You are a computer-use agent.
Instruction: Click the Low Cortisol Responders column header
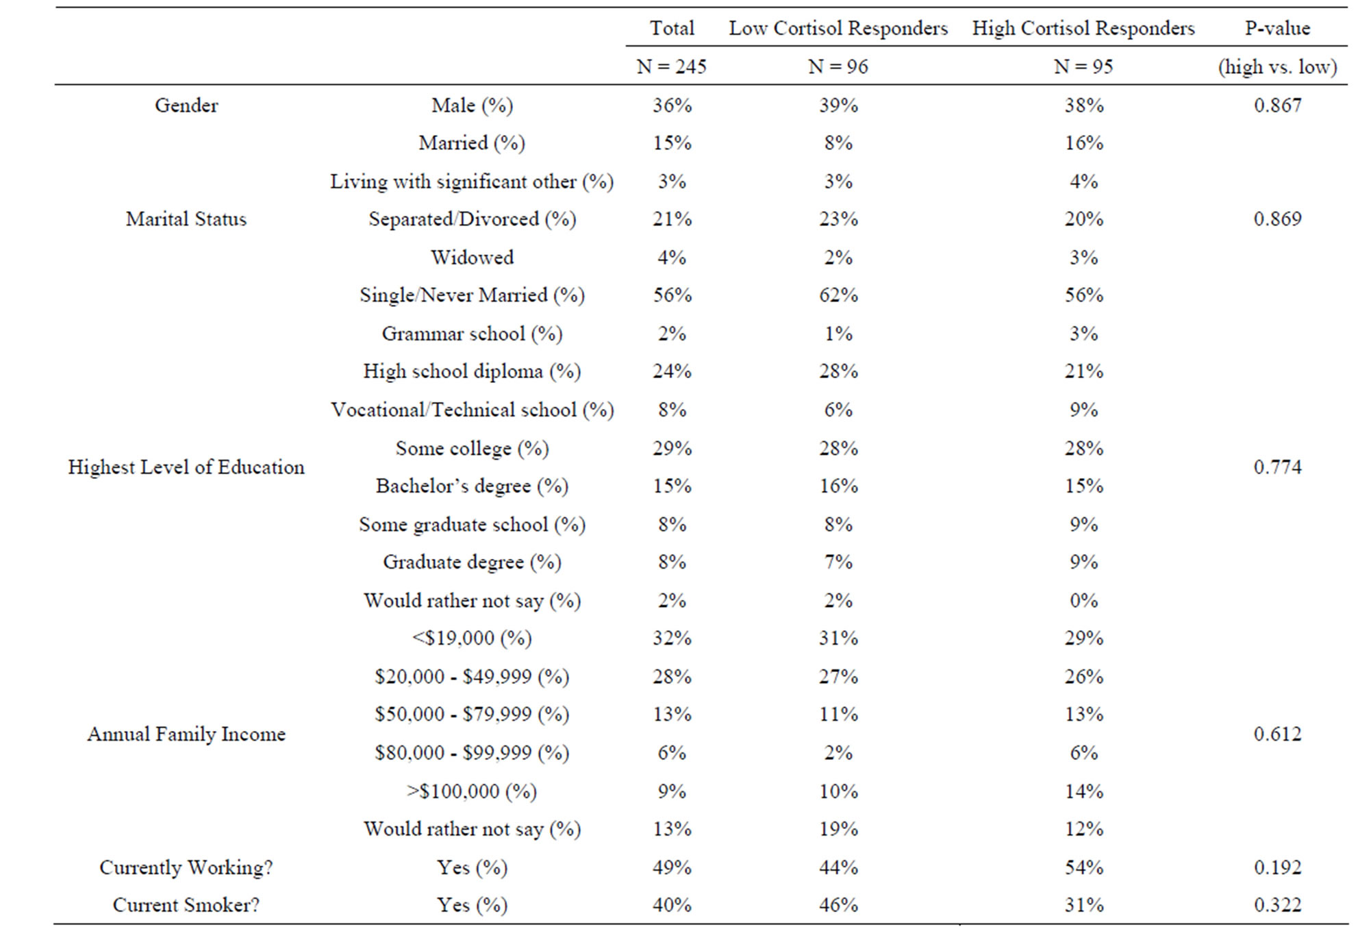(x=838, y=28)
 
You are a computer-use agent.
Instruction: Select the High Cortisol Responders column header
(x=1083, y=28)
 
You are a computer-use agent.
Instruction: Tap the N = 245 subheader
(x=671, y=66)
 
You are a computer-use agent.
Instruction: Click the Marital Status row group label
(x=186, y=219)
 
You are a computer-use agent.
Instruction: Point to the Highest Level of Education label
(x=186, y=467)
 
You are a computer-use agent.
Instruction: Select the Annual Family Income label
(x=186, y=734)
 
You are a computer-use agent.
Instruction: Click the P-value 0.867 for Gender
(x=1278, y=106)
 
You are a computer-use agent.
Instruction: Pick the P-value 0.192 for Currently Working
(x=1278, y=867)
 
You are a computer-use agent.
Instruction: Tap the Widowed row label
(x=472, y=258)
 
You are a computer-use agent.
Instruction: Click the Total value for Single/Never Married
(x=672, y=295)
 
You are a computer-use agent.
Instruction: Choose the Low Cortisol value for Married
(x=838, y=143)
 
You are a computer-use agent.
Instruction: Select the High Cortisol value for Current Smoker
(x=1084, y=905)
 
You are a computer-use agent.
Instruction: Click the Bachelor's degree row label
(x=472, y=486)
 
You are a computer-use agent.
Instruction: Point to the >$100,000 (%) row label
(x=472, y=791)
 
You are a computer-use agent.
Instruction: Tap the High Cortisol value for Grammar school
(x=1084, y=334)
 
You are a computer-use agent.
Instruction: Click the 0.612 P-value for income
(x=1278, y=734)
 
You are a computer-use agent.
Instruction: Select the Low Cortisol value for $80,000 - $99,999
(x=838, y=753)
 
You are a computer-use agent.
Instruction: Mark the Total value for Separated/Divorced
(x=672, y=219)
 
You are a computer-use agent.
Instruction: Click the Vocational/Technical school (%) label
(x=472, y=410)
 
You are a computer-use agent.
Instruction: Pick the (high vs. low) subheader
(x=1278, y=66)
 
